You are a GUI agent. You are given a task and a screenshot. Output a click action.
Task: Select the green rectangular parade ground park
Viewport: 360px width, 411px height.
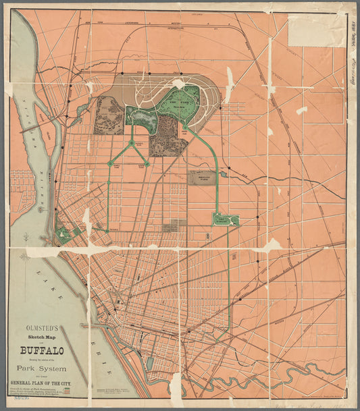point(226,220)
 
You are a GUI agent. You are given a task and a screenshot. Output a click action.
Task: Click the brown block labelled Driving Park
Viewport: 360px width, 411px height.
point(202,177)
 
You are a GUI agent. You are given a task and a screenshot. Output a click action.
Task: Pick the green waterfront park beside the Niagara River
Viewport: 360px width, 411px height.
point(63,234)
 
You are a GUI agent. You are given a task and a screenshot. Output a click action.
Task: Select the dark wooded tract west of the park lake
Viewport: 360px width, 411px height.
point(110,115)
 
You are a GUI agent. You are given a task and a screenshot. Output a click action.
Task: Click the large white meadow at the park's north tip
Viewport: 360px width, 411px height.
point(178,84)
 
